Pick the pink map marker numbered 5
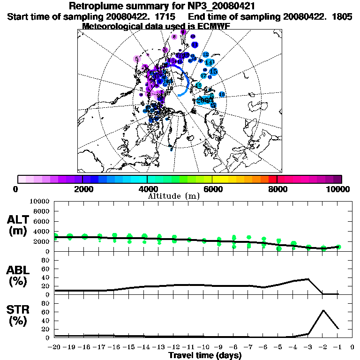[x=137, y=59]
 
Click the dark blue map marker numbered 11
[x=194, y=44]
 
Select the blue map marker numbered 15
[x=213, y=71]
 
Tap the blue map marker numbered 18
[x=222, y=95]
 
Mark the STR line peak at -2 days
[x=323, y=310]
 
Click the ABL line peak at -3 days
[x=308, y=279]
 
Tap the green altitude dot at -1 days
[x=338, y=247]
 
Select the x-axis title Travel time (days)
[x=205, y=355]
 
